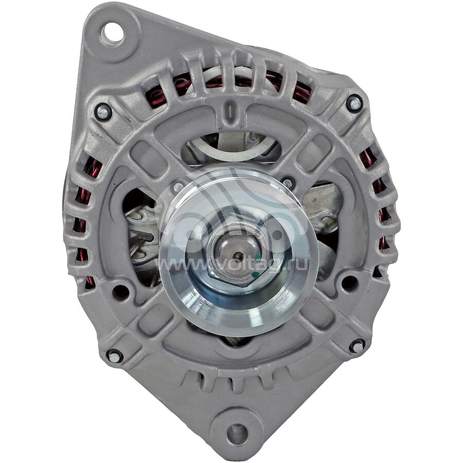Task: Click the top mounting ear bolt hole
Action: click(113, 33)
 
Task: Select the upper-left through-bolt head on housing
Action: click(103, 112)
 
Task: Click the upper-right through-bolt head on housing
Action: click(354, 103)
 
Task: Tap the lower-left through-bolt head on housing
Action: click(115, 356)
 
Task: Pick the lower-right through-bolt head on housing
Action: click(358, 346)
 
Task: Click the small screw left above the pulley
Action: click(179, 187)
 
